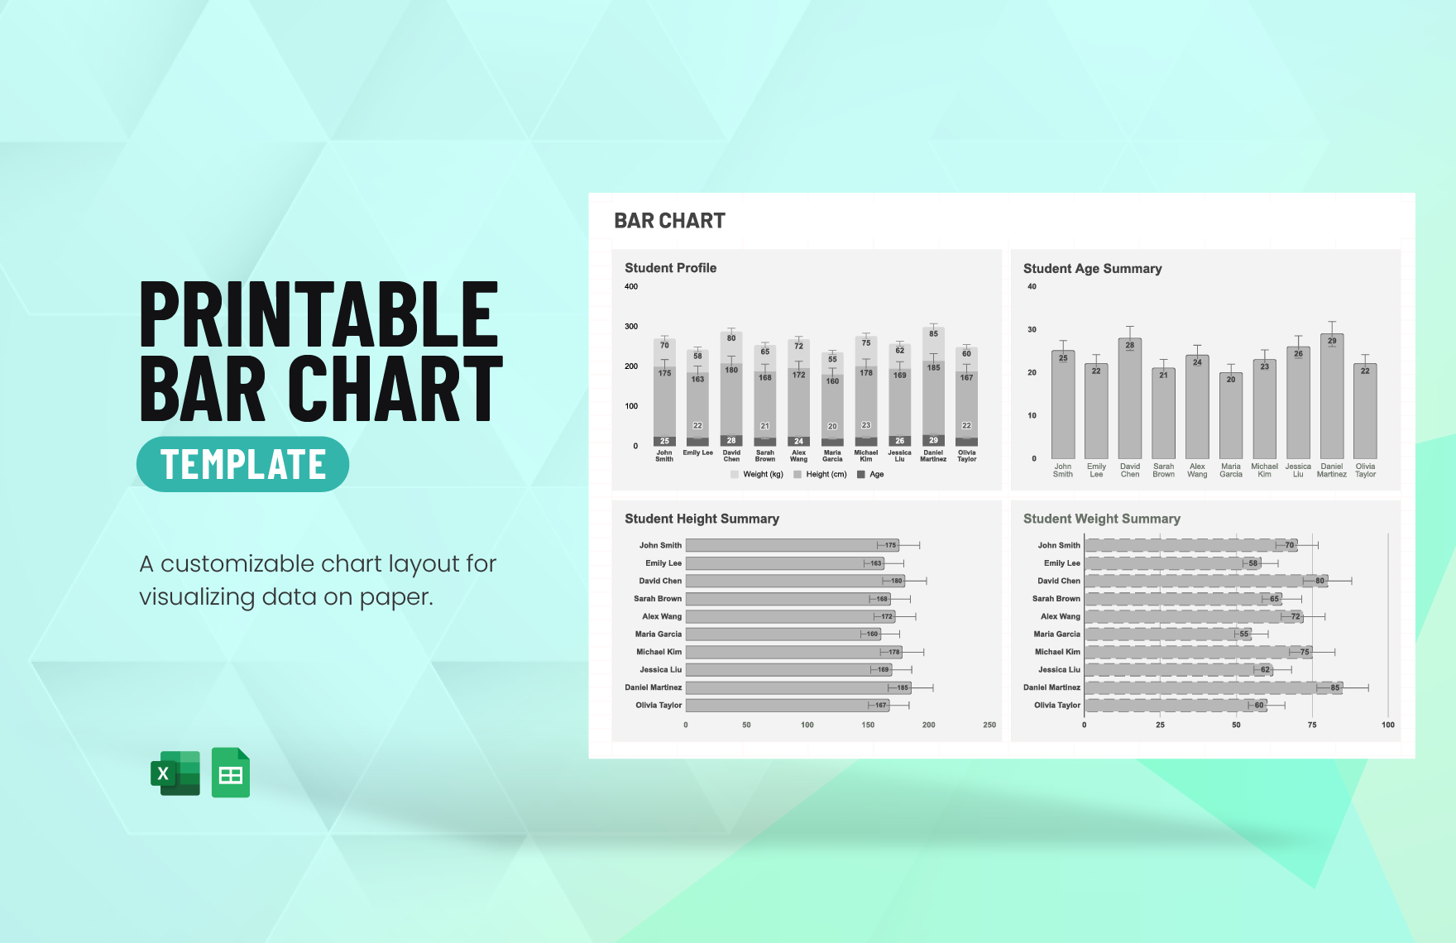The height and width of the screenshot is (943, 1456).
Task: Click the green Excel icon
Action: pyautogui.click(x=175, y=773)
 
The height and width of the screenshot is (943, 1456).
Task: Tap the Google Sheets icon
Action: pyautogui.click(x=231, y=773)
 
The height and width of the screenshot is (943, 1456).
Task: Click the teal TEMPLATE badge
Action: pyautogui.click(x=242, y=464)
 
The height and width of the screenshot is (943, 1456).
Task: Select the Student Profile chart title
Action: pyautogui.click(x=670, y=268)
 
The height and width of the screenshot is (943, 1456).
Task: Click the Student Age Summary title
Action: pyautogui.click(x=1092, y=269)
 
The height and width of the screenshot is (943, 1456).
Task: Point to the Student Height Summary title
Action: pyautogui.click(x=702, y=519)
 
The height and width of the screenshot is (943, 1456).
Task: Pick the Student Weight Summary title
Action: pyautogui.click(x=1101, y=519)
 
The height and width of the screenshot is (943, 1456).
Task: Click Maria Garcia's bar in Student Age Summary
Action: pyautogui.click(x=1231, y=418)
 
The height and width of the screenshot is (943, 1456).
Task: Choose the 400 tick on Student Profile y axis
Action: pyautogui.click(x=631, y=286)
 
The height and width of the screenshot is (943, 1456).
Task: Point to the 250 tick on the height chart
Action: pyautogui.click(x=989, y=725)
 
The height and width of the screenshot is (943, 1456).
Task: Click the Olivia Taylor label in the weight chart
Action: pyautogui.click(x=1057, y=706)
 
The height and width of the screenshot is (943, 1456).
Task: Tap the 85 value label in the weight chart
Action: pyautogui.click(x=1334, y=687)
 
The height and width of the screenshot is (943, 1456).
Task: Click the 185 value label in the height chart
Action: pyautogui.click(x=903, y=687)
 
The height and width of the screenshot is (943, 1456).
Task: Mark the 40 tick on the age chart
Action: pyautogui.click(x=1032, y=286)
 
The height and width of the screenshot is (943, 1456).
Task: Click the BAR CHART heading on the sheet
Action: pyautogui.click(x=669, y=221)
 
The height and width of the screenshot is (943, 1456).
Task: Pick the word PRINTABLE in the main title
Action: pyautogui.click(x=319, y=314)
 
